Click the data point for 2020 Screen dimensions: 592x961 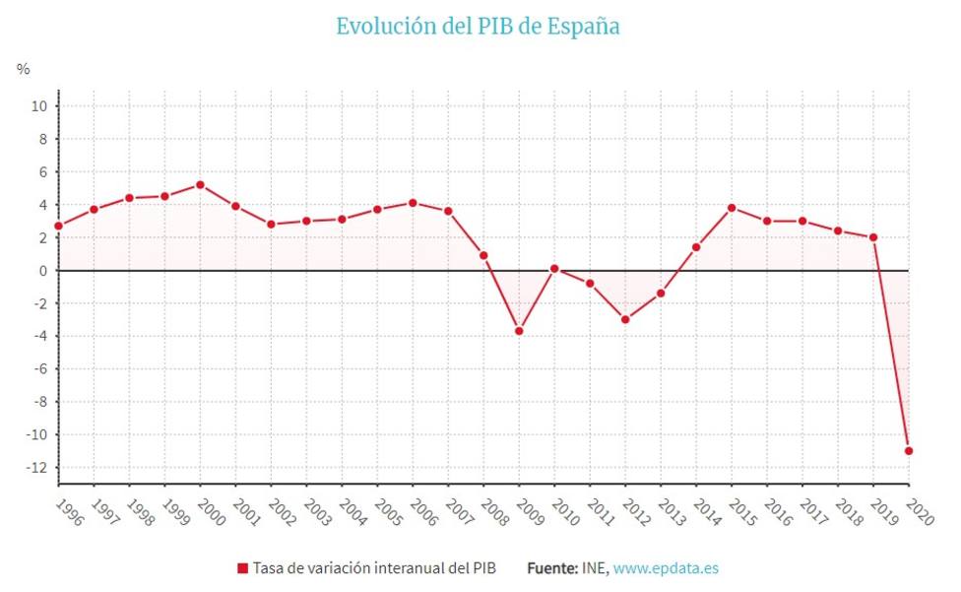pos(909,451)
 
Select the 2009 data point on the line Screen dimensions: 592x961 pos(519,331)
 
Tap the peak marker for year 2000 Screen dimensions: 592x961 pos(200,185)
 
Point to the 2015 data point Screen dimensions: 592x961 pos(732,208)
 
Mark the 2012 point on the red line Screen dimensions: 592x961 pos(625,319)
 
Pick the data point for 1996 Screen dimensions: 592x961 pos(58,226)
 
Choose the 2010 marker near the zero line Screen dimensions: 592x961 pos(554,269)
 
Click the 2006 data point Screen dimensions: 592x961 pos(413,203)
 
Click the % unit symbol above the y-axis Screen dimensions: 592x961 pos(24,69)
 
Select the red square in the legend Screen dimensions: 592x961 pos(242,568)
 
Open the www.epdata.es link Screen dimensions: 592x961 pos(666,568)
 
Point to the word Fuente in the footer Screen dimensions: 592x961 pos(552,568)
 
